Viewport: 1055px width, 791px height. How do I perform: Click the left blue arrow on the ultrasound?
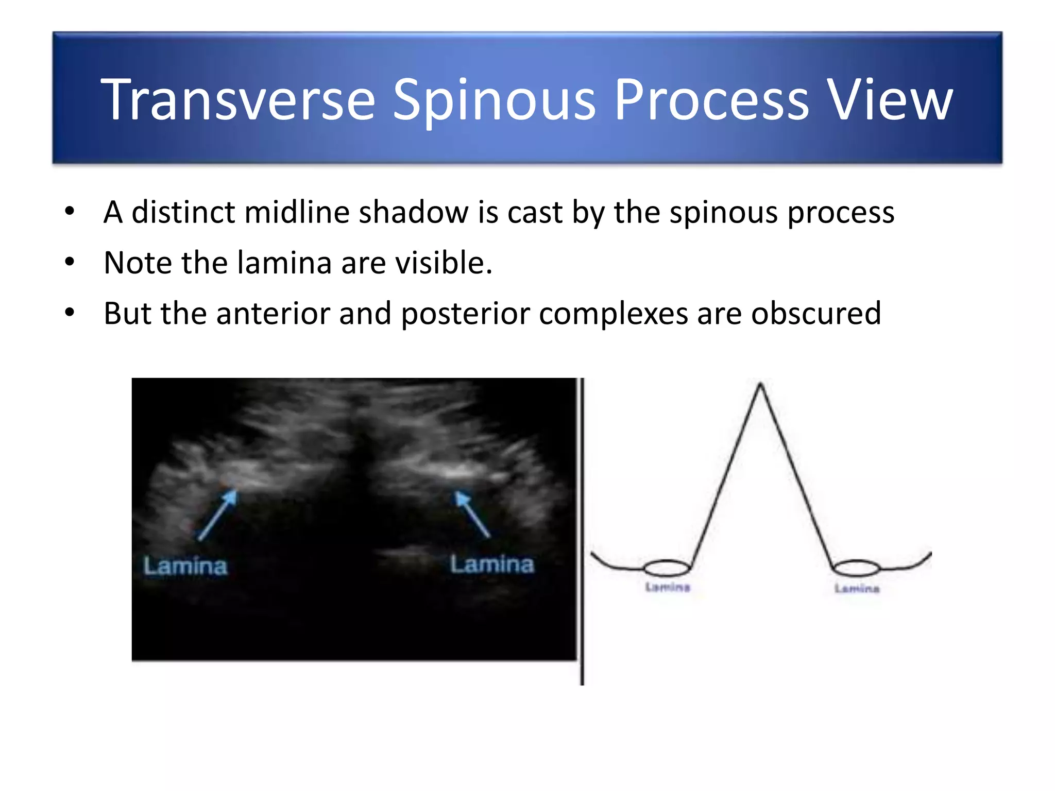pos(217,515)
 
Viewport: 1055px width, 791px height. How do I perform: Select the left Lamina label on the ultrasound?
pos(185,566)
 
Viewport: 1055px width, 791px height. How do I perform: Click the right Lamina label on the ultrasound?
pos(492,564)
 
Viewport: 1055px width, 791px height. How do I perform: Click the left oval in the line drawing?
pos(667,568)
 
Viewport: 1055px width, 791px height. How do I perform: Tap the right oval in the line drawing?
pos(856,568)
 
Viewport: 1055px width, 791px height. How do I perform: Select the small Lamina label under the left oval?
pos(668,587)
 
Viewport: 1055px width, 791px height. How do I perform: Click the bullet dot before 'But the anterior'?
pos(70,312)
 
